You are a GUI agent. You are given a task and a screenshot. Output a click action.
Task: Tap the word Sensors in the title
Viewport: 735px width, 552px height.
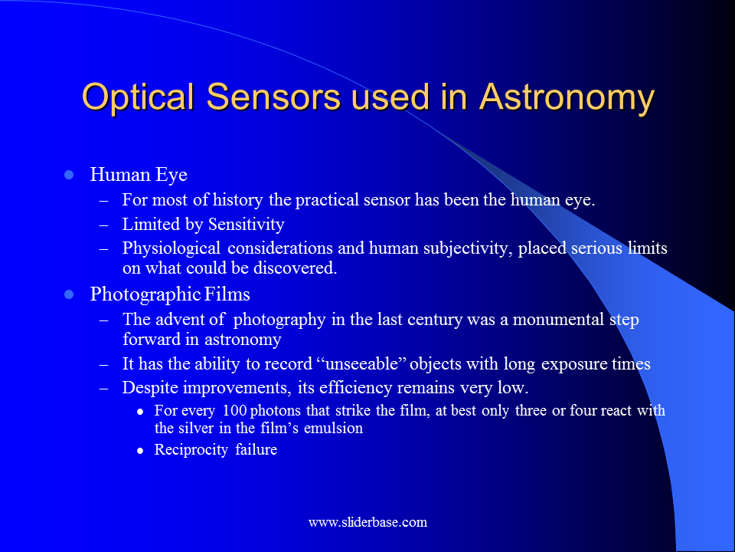tap(273, 97)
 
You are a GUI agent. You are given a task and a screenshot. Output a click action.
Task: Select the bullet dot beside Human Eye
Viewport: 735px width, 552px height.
tap(69, 175)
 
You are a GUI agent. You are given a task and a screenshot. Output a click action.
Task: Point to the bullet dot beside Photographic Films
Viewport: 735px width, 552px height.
tap(69, 294)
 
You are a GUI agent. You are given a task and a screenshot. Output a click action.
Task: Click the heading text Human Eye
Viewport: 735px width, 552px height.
tap(139, 175)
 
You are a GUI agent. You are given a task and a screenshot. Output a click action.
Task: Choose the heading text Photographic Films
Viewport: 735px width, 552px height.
tap(170, 294)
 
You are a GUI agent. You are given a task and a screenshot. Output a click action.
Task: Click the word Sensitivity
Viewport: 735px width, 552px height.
tap(246, 225)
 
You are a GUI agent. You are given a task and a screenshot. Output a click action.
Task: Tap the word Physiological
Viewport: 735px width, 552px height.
tap(171, 248)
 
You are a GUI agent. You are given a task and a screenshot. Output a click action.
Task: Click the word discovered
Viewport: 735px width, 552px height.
tap(295, 268)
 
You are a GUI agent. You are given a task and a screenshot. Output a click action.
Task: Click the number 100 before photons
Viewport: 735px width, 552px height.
tap(234, 411)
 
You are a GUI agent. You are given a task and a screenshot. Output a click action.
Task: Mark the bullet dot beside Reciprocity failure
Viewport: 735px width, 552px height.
tap(140, 451)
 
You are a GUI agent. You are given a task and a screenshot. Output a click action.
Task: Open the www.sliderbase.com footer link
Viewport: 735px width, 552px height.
tap(368, 522)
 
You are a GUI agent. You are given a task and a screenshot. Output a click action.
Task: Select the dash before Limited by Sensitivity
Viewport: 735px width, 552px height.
tap(104, 225)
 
